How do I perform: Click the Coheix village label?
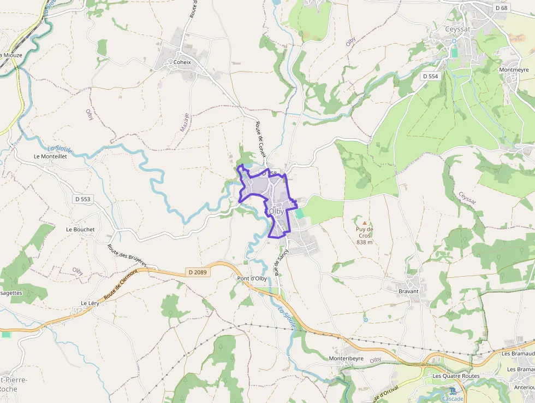(182, 62)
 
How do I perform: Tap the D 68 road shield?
(501, 8)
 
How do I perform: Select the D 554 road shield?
(430, 77)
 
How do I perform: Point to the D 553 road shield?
(81, 199)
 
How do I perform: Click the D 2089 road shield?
(197, 272)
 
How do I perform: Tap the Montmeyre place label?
(514, 70)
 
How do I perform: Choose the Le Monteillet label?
(50, 156)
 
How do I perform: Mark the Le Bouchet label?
(80, 230)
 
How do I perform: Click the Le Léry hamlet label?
(90, 303)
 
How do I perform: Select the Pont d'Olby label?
(252, 278)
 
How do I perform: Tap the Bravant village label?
(408, 291)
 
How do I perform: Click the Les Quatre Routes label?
(455, 376)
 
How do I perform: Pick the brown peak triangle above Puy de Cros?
(365, 223)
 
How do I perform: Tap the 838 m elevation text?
(364, 242)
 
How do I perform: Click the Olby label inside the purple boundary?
(276, 211)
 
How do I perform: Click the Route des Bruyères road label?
(127, 256)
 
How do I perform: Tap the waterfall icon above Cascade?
(453, 390)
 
